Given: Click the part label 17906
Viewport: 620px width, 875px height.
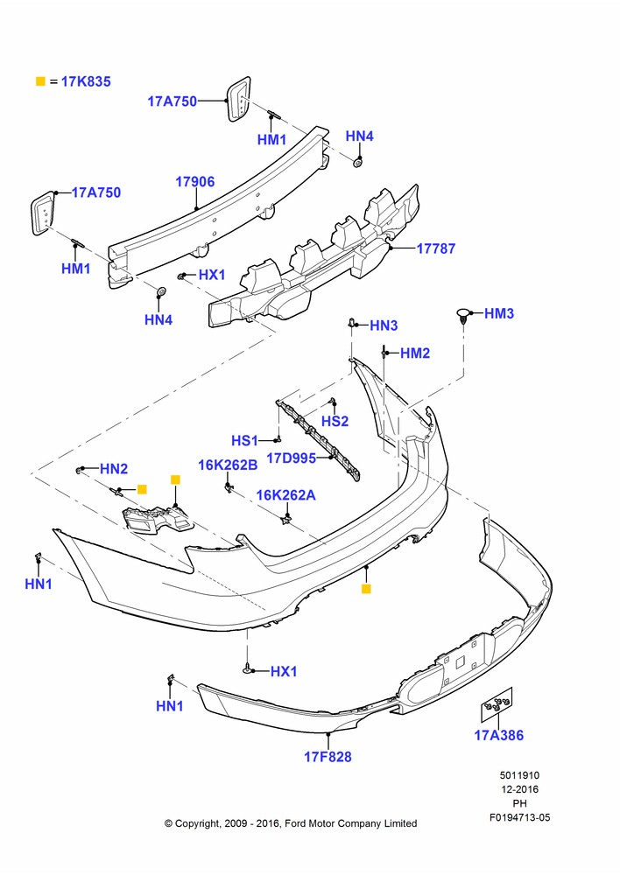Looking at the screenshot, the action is coord(195,182).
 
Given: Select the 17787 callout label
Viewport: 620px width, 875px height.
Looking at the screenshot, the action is coord(436,248).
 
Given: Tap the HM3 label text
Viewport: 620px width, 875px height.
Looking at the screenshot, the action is coord(499,313).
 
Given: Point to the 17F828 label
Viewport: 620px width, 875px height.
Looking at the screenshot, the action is coord(328,757).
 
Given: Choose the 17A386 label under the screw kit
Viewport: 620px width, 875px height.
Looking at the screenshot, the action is coord(499,736).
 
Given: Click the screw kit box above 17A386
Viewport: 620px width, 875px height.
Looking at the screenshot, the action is coord(497,704).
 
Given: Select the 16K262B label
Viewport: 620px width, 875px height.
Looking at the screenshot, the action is coord(228,465).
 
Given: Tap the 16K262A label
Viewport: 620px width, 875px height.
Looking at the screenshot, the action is coord(286,495).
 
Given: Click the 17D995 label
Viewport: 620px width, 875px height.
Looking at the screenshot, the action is coord(291,458).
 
